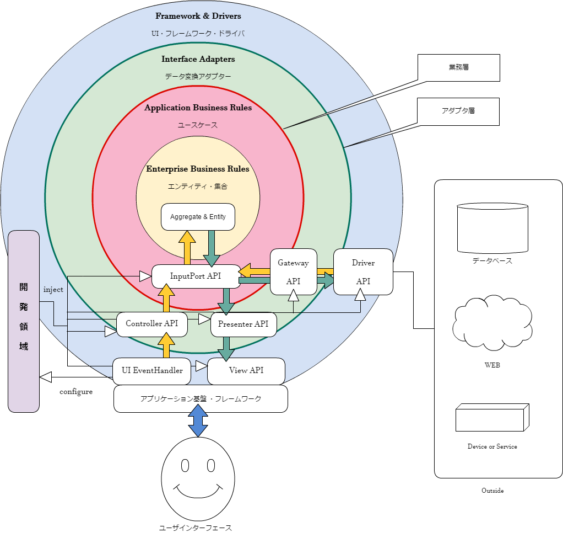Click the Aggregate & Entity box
point(198,217)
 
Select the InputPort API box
point(196,276)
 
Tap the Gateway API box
point(293,271)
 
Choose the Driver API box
point(363,271)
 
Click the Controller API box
point(151,324)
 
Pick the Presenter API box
point(243,324)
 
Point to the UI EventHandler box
point(152,371)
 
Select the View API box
point(246,371)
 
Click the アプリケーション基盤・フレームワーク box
point(201,398)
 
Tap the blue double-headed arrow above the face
point(198,420)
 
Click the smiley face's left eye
point(185,466)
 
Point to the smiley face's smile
point(198,491)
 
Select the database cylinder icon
point(492,228)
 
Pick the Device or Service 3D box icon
point(492,418)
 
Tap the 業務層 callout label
point(458,68)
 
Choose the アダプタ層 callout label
point(458,111)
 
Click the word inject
point(53,290)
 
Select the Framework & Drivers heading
point(198,16)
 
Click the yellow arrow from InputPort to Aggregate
point(187,247)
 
